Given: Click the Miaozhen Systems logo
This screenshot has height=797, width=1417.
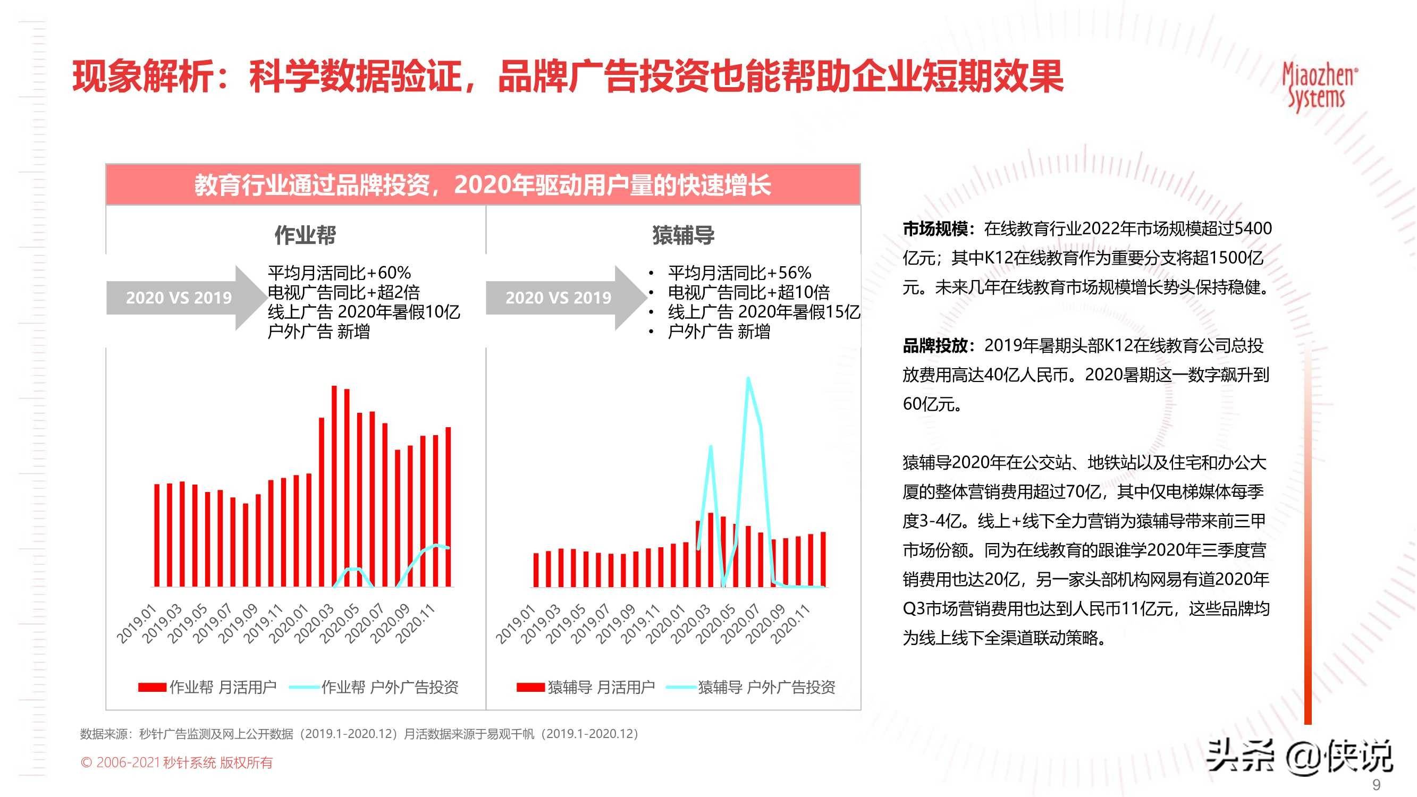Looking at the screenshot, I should click(1319, 87).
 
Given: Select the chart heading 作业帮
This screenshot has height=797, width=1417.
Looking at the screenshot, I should click(305, 235).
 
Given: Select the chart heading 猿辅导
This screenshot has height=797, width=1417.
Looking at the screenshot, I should click(683, 235).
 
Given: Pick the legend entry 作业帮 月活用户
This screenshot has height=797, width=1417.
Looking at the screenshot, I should click(208, 687).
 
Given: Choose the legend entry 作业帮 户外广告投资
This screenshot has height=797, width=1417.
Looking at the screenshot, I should click(374, 687).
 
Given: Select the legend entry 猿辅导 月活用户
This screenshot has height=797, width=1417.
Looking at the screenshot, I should click(586, 687).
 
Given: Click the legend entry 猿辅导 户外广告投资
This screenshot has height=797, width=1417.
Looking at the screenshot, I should click(752, 687).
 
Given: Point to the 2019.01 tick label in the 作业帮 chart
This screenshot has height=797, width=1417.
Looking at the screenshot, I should click(137, 624).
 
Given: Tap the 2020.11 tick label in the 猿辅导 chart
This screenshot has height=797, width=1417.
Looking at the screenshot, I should click(790, 624).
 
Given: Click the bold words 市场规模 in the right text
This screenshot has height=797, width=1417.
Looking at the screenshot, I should click(935, 229).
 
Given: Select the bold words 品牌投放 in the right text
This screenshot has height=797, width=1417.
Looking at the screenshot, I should click(935, 346).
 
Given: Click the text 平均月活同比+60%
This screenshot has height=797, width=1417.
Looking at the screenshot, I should click(340, 273).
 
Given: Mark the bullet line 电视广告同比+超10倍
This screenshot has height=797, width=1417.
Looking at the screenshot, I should click(749, 292).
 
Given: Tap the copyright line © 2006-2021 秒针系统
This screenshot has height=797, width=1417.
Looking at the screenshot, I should click(176, 762).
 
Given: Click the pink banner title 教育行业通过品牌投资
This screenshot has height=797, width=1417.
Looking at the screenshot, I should click(483, 185).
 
